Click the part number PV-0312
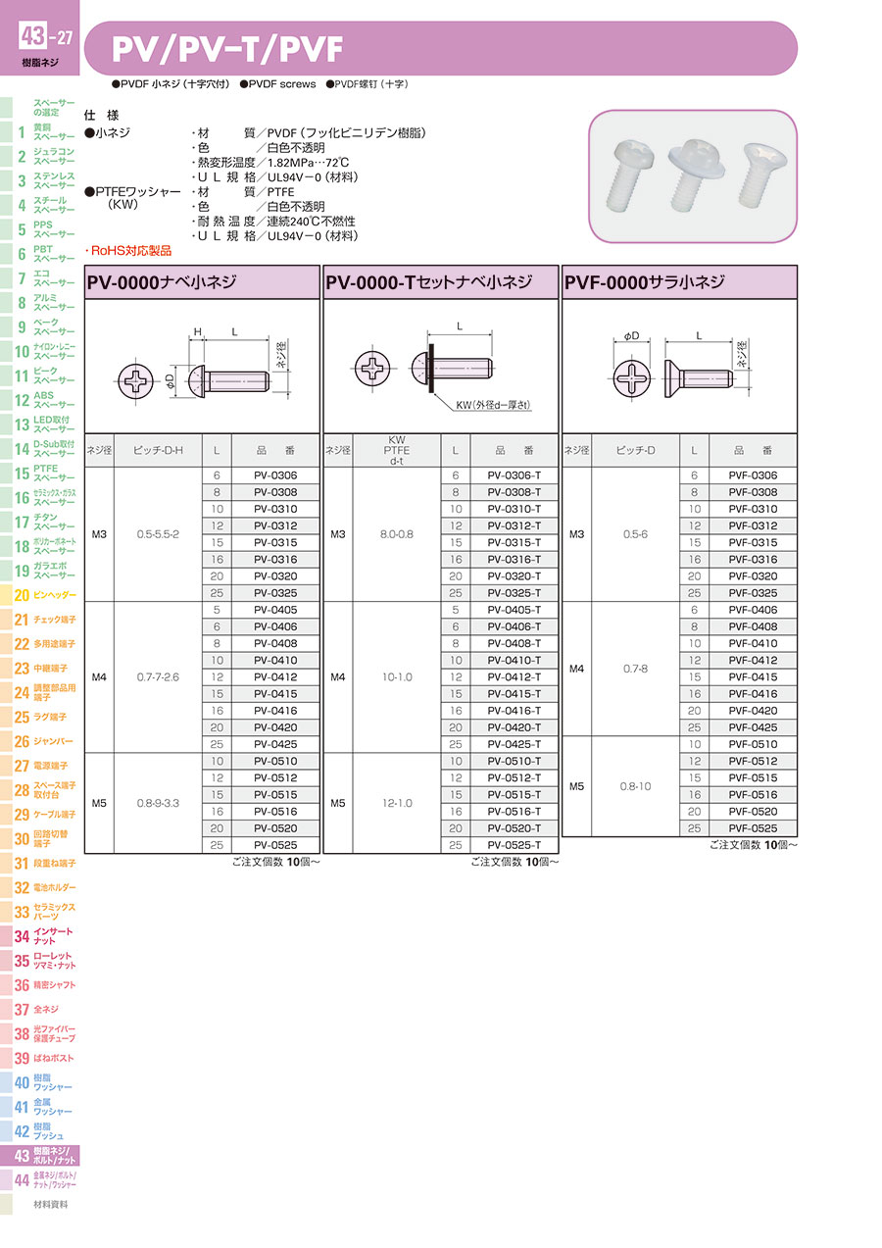tap(275, 525)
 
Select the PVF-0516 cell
tap(753, 794)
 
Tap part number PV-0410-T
tap(514, 660)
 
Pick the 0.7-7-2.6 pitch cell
tap(158, 676)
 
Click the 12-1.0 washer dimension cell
tap(397, 803)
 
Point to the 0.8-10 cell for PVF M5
tap(635, 786)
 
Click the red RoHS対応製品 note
tap(128, 251)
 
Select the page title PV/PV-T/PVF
tap(227, 49)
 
